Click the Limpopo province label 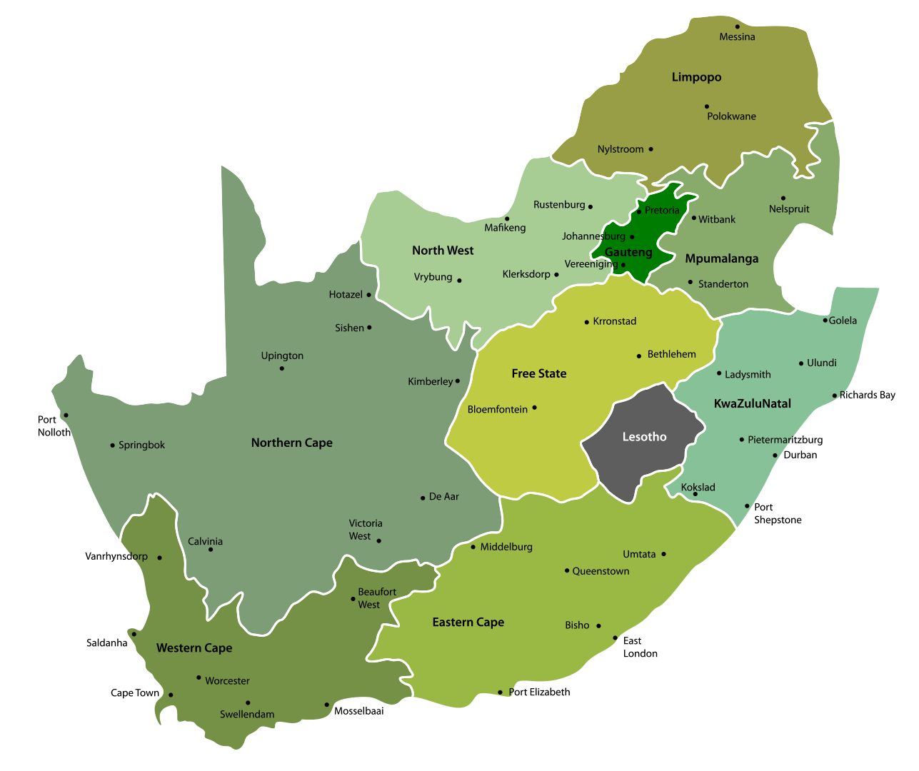pos(696,77)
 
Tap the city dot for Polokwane pos(707,106)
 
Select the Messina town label pos(737,37)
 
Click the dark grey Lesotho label pos(644,437)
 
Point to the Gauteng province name pos(628,252)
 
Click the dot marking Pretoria pos(639,211)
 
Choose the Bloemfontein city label pos(498,410)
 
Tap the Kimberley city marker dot pos(458,381)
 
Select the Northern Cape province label pos(291,443)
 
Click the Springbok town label pos(141,445)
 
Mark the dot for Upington pos(282,368)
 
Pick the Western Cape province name pos(194,648)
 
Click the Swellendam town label pos(247,715)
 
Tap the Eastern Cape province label pos(468,623)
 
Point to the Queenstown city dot pos(567,570)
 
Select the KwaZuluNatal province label pos(752,404)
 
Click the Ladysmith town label pos(748,375)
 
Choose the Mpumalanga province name pos(721,258)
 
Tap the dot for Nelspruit pos(783,198)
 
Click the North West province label pos(443,251)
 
